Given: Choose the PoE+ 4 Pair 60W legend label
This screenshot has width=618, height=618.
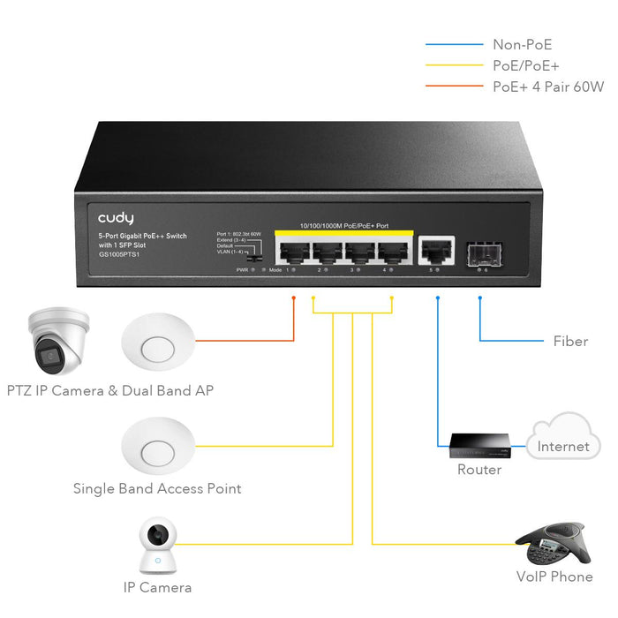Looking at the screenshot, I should [x=547, y=87].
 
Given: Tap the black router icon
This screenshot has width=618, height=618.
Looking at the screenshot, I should [x=478, y=446].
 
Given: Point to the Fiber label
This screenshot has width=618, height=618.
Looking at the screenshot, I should [x=570, y=341].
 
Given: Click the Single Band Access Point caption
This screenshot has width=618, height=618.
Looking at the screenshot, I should [x=157, y=488].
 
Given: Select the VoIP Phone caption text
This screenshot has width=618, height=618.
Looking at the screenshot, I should [x=554, y=577].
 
